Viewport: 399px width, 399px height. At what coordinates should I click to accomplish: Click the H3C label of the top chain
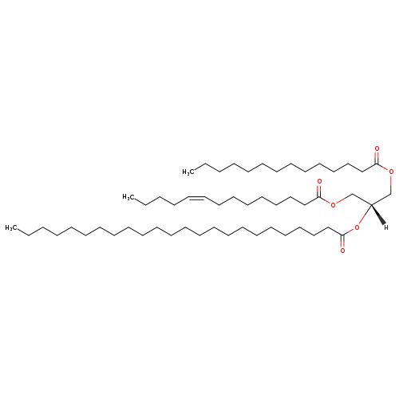(188, 172)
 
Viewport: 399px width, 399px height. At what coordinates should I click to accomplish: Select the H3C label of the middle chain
(128, 197)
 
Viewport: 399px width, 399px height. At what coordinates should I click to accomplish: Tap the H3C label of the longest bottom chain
(10, 227)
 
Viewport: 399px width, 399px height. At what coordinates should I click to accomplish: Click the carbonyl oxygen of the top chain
(377, 148)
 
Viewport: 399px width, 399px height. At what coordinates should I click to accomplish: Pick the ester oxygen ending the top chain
(391, 172)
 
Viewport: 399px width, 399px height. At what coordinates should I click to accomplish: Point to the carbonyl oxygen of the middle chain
(319, 182)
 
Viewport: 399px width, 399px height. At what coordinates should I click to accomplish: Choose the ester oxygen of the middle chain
(333, 204)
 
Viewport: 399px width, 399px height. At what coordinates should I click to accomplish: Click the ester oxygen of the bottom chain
(357, 227)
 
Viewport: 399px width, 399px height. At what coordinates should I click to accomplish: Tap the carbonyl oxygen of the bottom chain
(342, 251)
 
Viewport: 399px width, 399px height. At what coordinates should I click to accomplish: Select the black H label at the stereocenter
(385, 227)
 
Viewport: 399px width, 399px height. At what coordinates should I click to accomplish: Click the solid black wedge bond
(378, 214)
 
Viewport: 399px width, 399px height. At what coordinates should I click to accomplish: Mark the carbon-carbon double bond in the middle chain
(196, 198)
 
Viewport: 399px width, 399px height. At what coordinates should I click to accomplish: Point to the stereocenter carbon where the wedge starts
(371, 205)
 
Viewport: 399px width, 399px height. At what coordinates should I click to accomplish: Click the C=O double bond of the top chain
(377, 158)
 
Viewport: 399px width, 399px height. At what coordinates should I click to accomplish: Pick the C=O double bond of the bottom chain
(342, 241)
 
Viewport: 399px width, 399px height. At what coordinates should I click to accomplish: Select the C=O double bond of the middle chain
(319, 192)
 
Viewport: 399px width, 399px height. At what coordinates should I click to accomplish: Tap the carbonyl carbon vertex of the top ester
(377, 164)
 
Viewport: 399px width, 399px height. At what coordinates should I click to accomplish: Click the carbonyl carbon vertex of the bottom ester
(342, 235)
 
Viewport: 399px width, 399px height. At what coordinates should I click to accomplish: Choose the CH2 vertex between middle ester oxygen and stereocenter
(352, 194)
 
